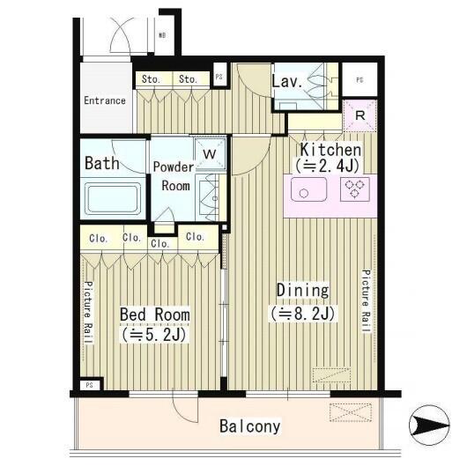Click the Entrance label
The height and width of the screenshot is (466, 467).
tap(105, 100)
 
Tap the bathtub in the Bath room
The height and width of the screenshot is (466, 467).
tap(113, 198)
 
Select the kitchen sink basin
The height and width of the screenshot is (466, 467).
tap(308, 189)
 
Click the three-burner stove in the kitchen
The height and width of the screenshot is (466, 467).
tap(355, 189)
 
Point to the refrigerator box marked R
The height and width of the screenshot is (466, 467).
tap(360, 115)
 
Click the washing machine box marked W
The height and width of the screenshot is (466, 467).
tap(210, 154)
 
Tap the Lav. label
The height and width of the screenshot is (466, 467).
tap(287, 81)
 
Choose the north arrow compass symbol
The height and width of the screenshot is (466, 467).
tap(429, 425)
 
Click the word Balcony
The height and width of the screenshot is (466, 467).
tap(250, 426)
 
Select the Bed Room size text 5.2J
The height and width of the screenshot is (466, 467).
tap(154, 335)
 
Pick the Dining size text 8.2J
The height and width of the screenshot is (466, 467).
tap(303, 314)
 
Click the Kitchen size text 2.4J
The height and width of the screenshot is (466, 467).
tap(327, 166)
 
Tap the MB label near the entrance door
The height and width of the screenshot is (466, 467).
tap(162, 35)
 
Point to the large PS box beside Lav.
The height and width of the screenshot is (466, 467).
tap(360, 79)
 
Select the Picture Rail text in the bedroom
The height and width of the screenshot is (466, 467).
tap(88, 312)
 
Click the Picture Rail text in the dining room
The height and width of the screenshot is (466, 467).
tap(366, 301)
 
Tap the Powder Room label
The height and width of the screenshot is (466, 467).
tap(174, 176)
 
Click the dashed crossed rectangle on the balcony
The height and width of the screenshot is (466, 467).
tap(351, 412)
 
